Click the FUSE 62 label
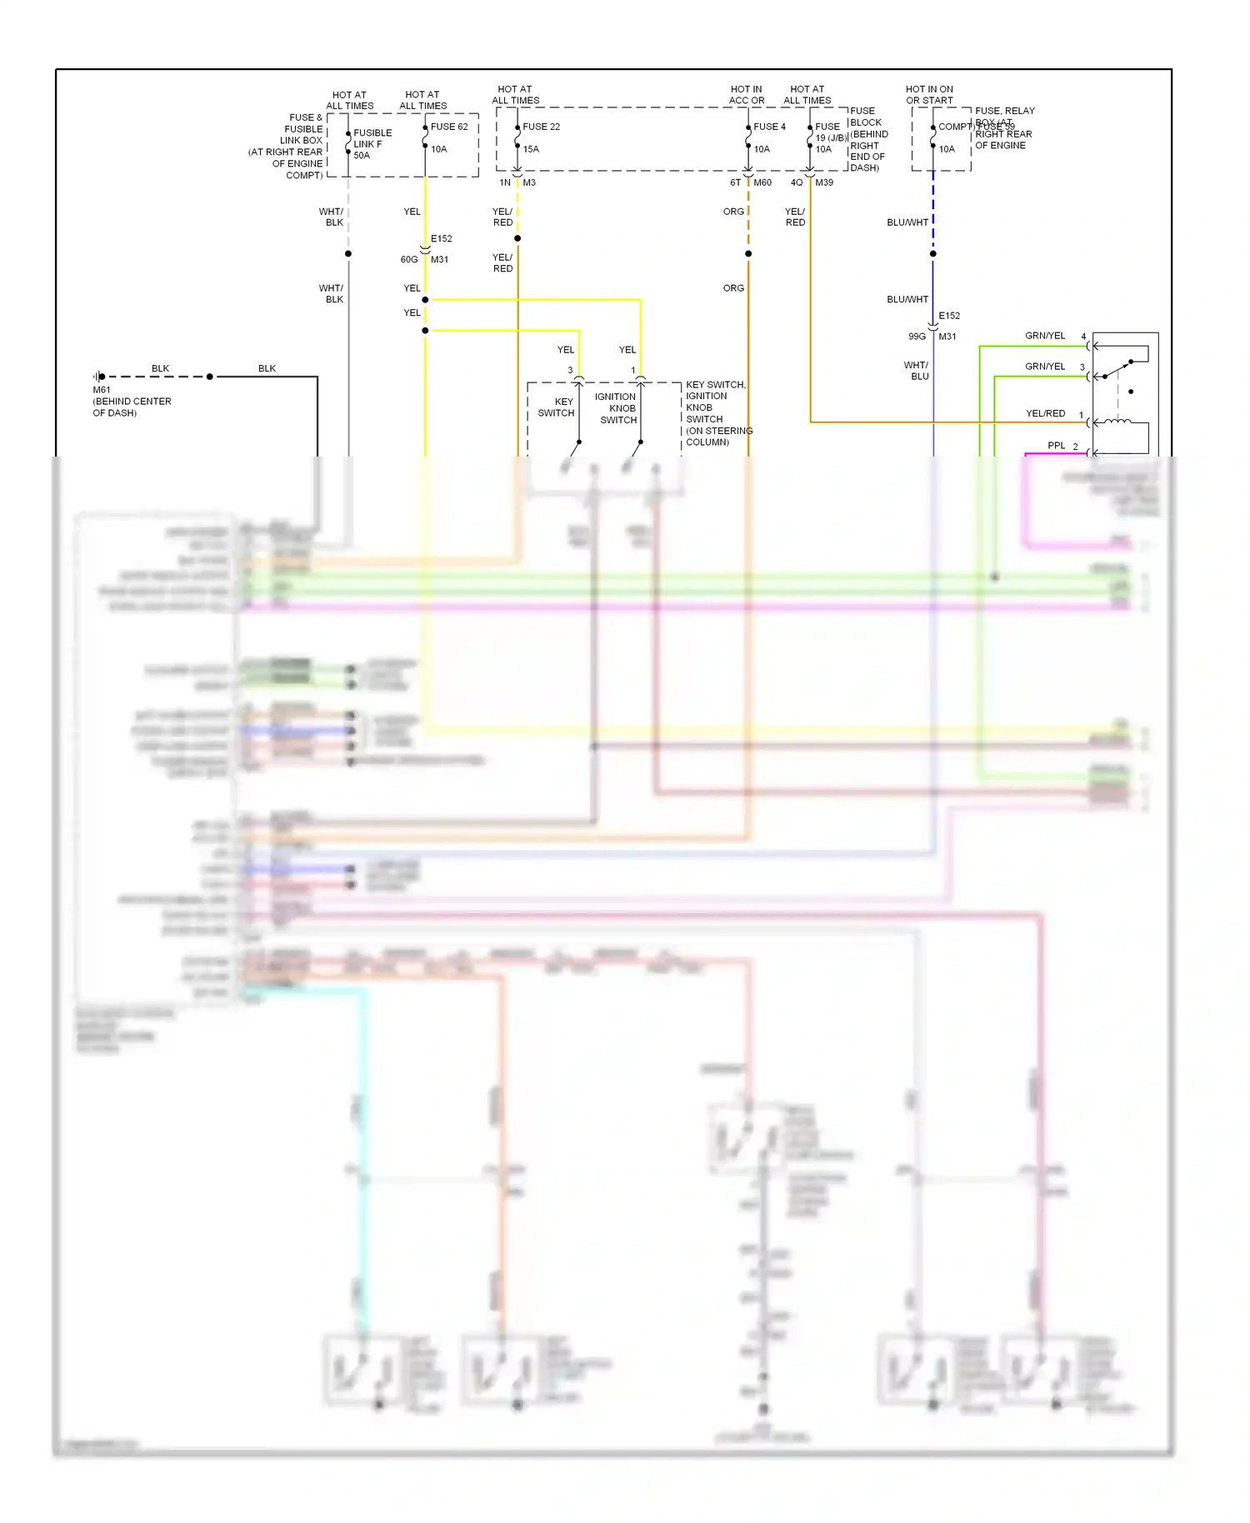(449, 127)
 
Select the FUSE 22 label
(541, 127)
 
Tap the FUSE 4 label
(769, 127)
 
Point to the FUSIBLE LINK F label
(372, 138)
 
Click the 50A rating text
(362, 156)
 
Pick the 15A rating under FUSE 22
(531, 149)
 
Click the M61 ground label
(102, 390)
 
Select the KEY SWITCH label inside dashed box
(556, 407)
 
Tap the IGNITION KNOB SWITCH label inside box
(617, 408)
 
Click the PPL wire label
(1056, 446)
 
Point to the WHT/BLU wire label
(916, 371)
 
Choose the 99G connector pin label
(917, 337)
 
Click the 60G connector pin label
(409, 260)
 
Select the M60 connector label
(762, 182)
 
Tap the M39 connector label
(824, 182)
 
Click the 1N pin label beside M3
(505, 182)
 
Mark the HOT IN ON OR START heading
(929, 95)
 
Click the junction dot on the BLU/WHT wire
(933, 253)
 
